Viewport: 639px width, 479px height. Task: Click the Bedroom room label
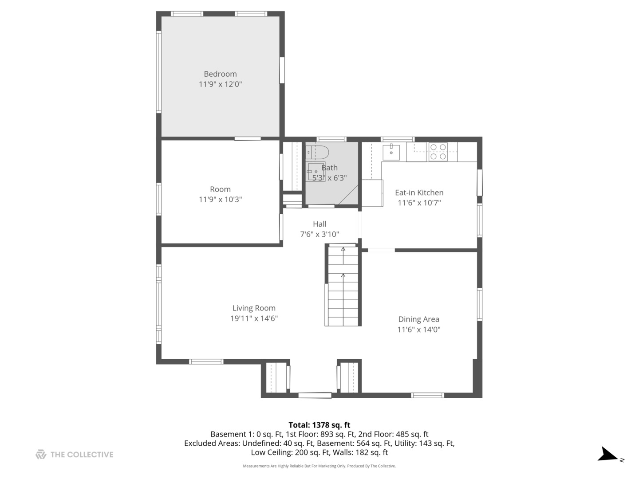(220, 74)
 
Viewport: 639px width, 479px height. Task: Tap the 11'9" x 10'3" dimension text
(220, 200)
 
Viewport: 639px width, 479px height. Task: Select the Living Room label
(254, 308)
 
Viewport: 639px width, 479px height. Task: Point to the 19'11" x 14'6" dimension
(254, 318)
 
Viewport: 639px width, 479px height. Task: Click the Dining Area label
(418, 319)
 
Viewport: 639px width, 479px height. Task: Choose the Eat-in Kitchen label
(419, 192)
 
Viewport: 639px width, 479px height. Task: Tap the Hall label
(319, 224)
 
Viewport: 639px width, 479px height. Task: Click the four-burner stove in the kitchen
(438, 152)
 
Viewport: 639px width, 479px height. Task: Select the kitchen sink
(391, 152)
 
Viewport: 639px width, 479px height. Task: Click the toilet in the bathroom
(318, 152)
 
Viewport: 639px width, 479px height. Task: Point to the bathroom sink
(315, 171)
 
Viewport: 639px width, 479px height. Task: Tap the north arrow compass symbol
(608, 455)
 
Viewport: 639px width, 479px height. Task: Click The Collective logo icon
(41, 455)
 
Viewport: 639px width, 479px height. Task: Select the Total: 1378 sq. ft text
(319, 425)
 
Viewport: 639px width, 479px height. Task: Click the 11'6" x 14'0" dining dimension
(418, 330)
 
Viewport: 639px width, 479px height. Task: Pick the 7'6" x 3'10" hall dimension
(319, 234)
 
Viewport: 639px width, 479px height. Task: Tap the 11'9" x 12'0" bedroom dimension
(220, 84)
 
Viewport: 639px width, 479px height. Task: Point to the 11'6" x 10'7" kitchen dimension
(419, 203)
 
